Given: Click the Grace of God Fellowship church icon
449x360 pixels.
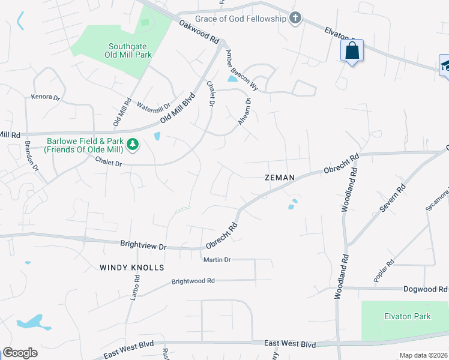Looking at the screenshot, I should coord(295,19).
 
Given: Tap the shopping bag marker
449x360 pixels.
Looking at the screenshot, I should coord(352,51).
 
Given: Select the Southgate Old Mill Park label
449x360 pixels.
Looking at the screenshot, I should coord(130,50).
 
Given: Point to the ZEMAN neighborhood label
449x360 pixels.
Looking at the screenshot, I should coord(280,178).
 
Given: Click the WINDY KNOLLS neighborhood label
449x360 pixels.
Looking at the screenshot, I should coord(131,267).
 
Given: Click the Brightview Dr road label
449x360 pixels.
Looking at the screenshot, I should coord(143,244).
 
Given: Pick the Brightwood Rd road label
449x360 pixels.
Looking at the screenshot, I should coord(193,281).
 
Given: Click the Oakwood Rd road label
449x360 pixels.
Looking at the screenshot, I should coord(199,31).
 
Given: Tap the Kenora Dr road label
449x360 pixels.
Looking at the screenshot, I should coord(46,97).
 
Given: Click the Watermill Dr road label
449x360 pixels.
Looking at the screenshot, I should coord(154,108).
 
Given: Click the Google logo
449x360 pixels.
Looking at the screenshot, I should coord(20,353).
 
